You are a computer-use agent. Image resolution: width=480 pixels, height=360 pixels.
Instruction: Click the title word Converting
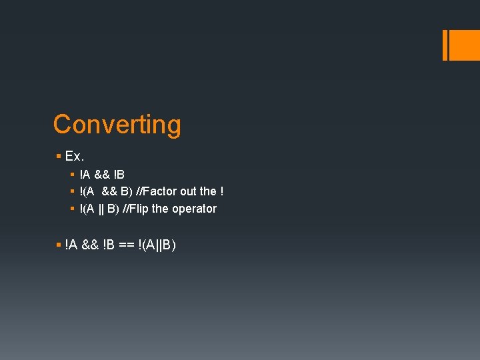[x=117, y=125]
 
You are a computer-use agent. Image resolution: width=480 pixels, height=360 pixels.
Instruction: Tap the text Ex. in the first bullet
[x=74, y=157]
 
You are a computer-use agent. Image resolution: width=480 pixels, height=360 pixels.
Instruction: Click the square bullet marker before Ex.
[x=59, y=157]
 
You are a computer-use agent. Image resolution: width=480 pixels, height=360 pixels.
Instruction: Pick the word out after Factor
[x=189, y=191]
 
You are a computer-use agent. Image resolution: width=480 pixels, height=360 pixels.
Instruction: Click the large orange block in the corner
[x=465, y=45]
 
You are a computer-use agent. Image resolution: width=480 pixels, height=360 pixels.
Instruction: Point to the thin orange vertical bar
[x=445, y=45]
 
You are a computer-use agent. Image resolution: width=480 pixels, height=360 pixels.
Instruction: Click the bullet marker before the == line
[x=59, y=245]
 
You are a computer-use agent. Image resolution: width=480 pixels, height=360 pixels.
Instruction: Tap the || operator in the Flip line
[x=102, y=209]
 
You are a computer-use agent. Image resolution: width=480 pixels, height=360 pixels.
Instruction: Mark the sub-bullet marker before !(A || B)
[x=72, y=209]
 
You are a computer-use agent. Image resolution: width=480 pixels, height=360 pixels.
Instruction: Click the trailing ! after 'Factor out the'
[x=221, y=191]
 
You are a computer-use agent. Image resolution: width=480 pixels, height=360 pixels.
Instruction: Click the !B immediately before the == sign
[x=109, y=245]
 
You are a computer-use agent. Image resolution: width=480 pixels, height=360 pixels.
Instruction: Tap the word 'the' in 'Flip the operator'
[x=160, y=209]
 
